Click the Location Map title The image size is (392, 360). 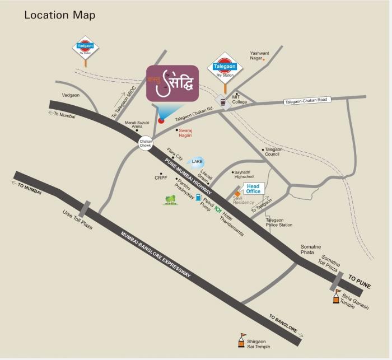(59, 15)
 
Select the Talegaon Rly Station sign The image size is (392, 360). (226, 67)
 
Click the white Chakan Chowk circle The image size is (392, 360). (146, 143)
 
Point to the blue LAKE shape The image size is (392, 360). (197, 162)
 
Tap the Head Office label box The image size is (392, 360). (253, 188)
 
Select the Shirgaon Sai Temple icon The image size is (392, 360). (242, 339)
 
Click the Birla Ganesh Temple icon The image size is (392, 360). (337, 296)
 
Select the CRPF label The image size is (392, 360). (161, 178)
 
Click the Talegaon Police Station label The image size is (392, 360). (279, 223)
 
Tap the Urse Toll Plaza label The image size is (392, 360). (76, 220)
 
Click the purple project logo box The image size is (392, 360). (173, 84)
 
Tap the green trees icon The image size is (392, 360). (170, 200)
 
